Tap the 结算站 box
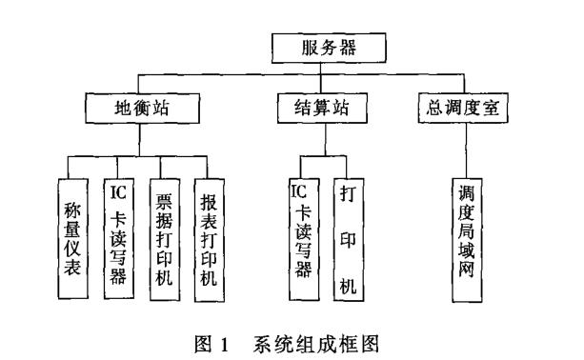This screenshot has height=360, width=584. (324, 108)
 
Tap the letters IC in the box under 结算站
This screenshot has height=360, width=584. (301, 191)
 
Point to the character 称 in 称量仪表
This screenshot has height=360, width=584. (72, 207)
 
